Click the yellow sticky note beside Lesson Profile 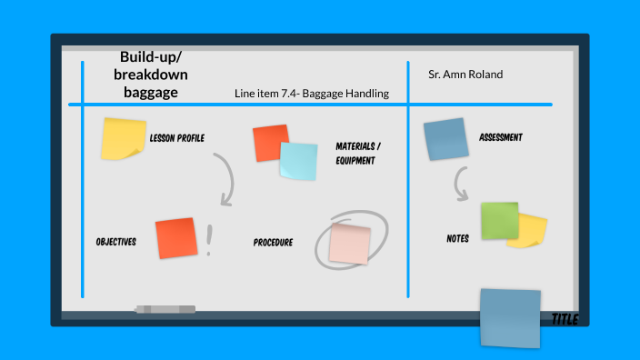point(123,138)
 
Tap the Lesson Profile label point(176,138)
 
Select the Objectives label point(115,242)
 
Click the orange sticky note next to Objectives point(176,237)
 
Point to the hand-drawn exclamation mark point(210,240)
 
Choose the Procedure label point(273,243)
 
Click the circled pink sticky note point(350,243)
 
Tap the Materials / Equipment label point(358,153)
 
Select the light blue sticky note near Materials point(299,161)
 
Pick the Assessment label point(501,138)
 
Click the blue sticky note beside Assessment point(445,139)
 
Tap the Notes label point(457,239)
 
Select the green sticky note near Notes point(499,220)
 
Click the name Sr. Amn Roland point(465,74)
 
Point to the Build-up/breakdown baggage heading point(151,75)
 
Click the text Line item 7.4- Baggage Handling point(311,93)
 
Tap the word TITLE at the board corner point(565,319)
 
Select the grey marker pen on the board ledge point(165,310)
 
